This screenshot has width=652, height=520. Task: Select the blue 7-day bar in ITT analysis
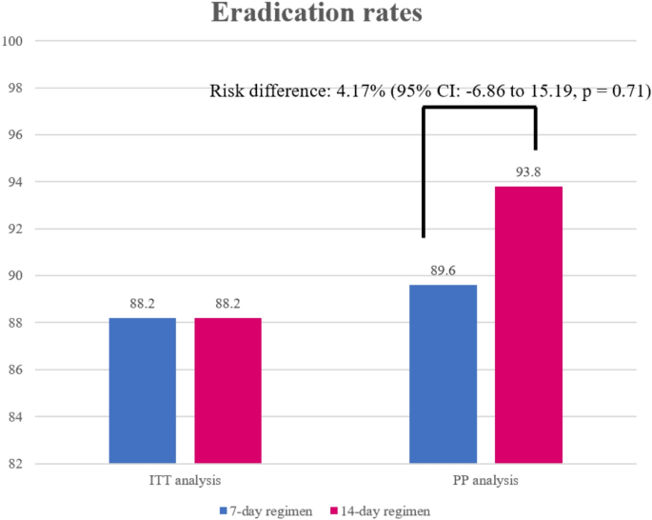coord(142,390)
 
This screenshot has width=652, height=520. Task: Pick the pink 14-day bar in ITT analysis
coord(227,390)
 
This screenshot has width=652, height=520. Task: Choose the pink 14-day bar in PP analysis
coord(528,324)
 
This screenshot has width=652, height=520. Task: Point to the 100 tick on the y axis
coord(13,41)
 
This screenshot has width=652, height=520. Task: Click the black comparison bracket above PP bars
coord(480,109)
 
